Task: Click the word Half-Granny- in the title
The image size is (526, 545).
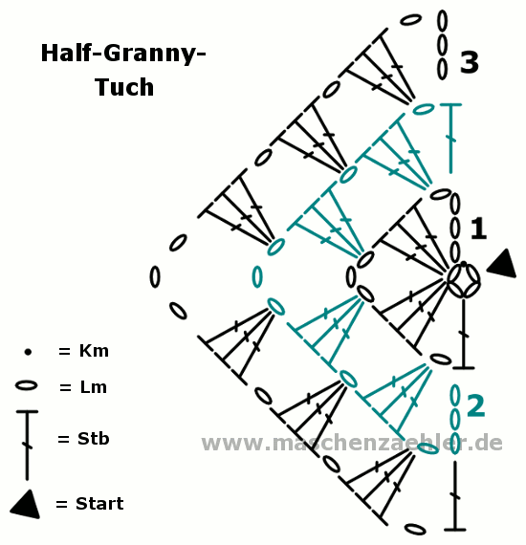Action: click(x=123, y=54)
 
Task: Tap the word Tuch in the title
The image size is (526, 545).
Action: click(x=124, y=87)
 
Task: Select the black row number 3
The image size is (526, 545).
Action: click(x=470, y=62)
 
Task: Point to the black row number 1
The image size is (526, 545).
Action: click(x=479, y=229)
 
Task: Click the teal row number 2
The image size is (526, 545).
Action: click(x=475, y=405)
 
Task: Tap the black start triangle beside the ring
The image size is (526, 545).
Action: click(x=502, y=264)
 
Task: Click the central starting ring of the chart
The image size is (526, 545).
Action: click(x=464, y=280)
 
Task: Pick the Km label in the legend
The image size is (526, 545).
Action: click(x=94, y=351)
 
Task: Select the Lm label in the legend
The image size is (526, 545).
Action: click(x=93, y=387)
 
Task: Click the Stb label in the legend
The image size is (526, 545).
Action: click(x=93, y=438)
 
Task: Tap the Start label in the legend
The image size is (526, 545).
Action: click(x=99, y=504)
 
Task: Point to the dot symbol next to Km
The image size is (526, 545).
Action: click(x=28, y=352)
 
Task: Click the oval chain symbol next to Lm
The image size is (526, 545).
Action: click(x=27, y=385)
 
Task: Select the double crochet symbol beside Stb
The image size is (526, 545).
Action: click(x=27, y=446)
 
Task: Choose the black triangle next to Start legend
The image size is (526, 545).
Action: click(x=26, y=506)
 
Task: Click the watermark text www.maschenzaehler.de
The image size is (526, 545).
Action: click(x=352, y=443)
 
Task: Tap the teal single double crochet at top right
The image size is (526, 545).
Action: click(x=450, y=138)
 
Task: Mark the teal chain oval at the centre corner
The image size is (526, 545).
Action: click(x=257, y=277)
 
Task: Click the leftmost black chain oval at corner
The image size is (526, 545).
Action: click(x=155, y=276)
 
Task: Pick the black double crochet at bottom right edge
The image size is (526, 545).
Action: click(x=454, y=496)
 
